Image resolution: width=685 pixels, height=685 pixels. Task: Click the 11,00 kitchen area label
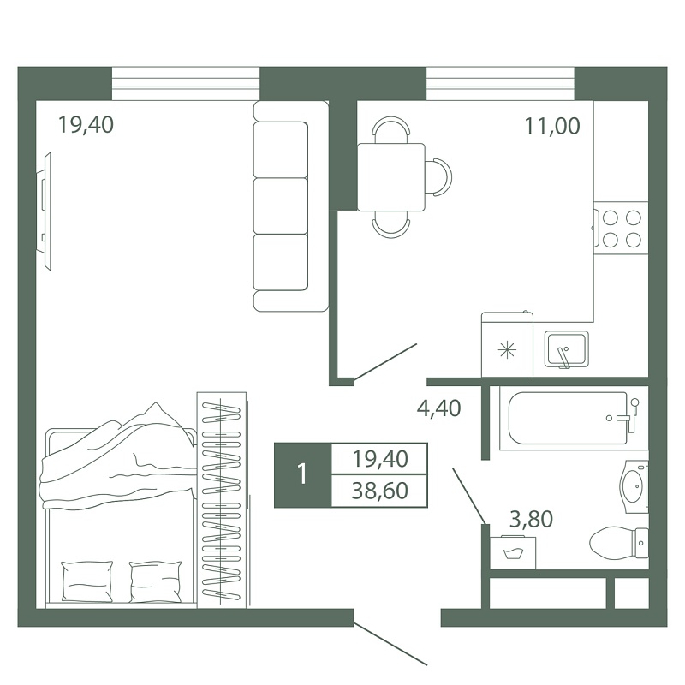pos(552,126)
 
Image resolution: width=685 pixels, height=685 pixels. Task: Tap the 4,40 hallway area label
pos(438,408)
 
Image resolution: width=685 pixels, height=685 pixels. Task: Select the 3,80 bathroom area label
pos(531,520)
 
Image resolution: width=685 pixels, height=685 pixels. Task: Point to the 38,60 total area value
pos(379,491)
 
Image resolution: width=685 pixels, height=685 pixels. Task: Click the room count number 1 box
pos(303,475)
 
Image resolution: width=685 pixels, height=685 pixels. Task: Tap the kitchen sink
pos(566,348)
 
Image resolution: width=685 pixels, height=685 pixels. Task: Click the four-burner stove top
pos(620,229)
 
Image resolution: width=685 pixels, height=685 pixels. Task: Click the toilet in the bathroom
pos(619,543)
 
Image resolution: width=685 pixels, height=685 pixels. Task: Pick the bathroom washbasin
pos(634,486)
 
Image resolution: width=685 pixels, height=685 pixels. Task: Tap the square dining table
pos(391,177)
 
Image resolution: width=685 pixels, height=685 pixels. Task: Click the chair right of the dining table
pos(438,177)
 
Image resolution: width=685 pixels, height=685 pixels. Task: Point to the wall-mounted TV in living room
pos(44,211)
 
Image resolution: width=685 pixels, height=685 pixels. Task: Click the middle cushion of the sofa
pos(281,205)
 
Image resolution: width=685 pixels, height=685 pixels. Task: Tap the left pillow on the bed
pos(87,581)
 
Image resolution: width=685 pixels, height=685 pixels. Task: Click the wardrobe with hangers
pos(222,500)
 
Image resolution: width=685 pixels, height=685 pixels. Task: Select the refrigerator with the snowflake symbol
pos(507,344)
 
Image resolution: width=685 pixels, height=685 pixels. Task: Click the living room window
pos(186,84)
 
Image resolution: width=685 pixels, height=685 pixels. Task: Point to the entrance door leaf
pos(390,644)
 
